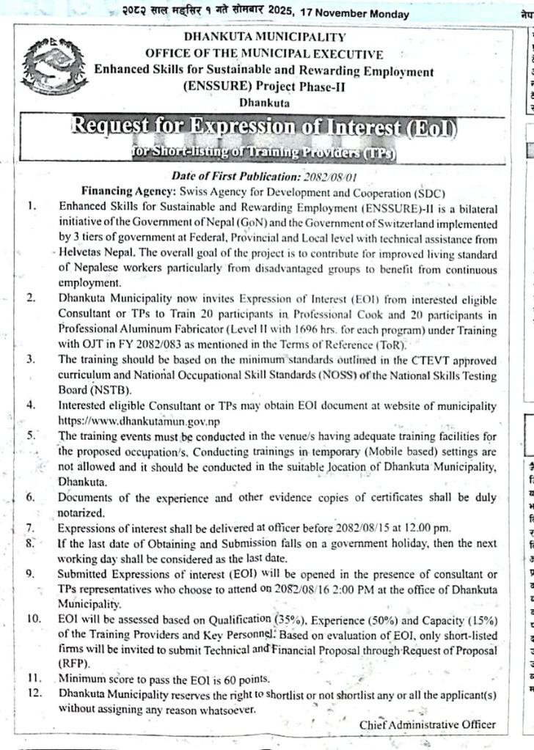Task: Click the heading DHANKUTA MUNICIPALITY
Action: click(x=265, y=37)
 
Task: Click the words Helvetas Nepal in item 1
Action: click(x=92, y=251)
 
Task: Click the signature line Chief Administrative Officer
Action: click(x=427, y=724)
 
